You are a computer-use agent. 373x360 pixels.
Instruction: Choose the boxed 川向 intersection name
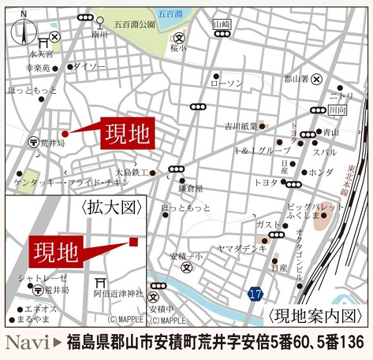click(338, 110)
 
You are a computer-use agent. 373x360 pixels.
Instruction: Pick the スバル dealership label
click(324, 151)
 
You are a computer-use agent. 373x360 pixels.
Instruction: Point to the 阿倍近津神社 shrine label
click(118, 292)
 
